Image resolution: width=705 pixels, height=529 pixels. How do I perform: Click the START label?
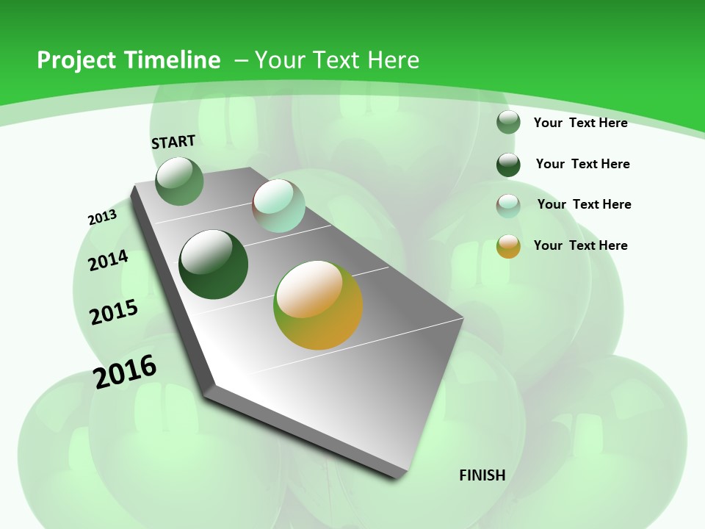click(173, 141)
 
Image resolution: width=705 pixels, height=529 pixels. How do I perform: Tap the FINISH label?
click(482, 475)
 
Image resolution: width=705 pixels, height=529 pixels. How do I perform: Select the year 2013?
click(102, 217)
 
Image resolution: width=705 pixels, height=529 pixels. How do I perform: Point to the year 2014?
click(108, 260)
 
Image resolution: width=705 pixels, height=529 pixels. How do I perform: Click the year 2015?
click(114, 312)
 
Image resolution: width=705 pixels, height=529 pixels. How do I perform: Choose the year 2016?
click(125, 371)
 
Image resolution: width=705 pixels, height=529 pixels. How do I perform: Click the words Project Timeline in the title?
click(129, 60)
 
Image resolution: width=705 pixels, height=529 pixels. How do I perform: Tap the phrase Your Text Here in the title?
click(337, 60)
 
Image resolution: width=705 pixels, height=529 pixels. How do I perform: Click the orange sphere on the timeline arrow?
click(318, 305)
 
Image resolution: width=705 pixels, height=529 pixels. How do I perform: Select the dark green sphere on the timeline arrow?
click(214, 264)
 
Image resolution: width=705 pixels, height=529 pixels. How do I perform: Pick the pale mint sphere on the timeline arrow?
click(278, 206)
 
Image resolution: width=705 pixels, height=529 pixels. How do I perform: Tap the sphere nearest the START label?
click(179, 181)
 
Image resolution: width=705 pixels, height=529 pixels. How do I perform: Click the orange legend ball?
click(508, 246)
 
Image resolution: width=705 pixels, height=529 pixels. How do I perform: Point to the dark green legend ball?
click(508, 165)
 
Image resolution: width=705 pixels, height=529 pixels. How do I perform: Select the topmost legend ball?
click(508, 122)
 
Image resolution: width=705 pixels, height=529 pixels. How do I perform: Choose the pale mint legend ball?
click(508, 206)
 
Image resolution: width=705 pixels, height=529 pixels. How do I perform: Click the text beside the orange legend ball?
click(580, 245)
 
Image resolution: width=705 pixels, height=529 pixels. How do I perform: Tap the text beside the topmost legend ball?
click(580, 123)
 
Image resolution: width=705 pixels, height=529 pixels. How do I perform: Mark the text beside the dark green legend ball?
click(582, 164)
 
